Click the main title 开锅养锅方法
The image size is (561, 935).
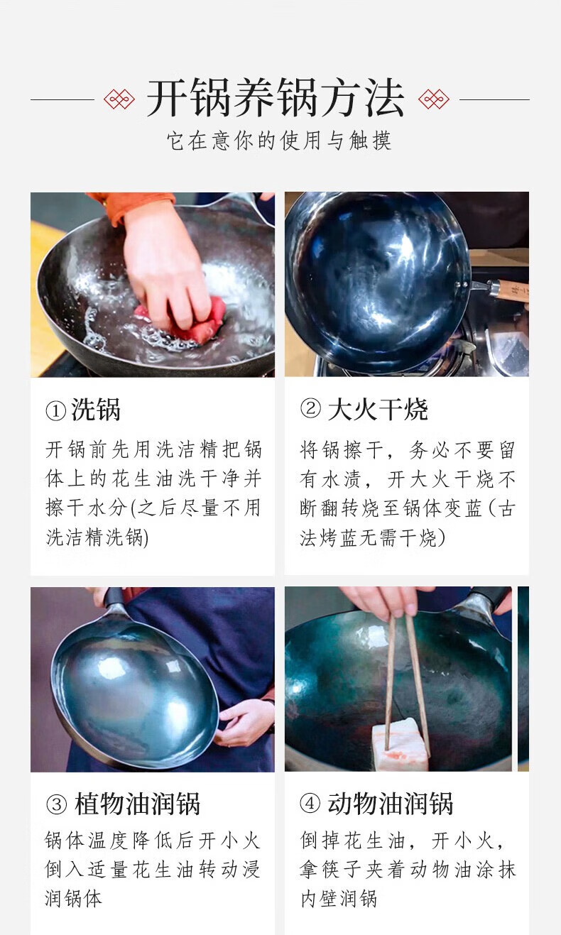pos(276,98)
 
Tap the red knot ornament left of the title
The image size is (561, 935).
pos(119,99)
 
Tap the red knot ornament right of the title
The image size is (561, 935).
pos(434,99)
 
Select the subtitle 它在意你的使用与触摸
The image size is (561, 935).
pos(279,141)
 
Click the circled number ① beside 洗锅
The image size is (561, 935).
pos(55,411)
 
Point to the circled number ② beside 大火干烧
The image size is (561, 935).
pos(310,408)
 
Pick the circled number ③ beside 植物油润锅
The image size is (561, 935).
pos(56,804)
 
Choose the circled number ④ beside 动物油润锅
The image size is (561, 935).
pos(310,803)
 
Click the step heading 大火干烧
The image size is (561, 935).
pos(378,409)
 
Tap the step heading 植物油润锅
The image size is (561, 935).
pos(137,804)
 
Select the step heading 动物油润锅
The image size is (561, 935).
pos(391,803)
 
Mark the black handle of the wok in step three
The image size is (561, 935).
pos(113,598)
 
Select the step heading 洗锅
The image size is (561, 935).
pos(96,410)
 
